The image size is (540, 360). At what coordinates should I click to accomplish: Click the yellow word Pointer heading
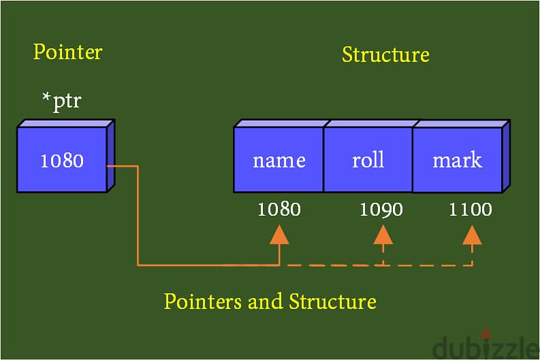point(68,52)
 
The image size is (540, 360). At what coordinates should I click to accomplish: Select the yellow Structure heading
point(385,54)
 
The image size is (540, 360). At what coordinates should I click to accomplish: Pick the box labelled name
point(279,161)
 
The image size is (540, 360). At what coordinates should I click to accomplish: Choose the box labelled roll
point(368,161)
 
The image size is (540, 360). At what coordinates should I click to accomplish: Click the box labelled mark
point(457,161)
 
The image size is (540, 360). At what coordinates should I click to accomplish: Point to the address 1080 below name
point(279,209)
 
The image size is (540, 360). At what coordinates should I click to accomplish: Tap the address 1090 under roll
point(381,209)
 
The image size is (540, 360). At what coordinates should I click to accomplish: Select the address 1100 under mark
point(471,209)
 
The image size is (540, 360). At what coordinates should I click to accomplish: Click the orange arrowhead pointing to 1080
point(279,235)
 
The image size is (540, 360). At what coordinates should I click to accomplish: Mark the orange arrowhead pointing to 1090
point(383,235)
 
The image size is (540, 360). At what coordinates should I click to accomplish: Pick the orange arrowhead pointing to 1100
point(472,235)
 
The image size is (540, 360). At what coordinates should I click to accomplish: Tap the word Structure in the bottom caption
point(332,301)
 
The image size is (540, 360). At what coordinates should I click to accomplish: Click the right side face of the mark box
point(505,157)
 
